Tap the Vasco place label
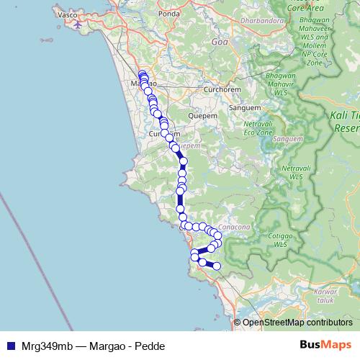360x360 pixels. [x=66, y=14]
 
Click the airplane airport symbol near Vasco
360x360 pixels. [x=77, y=25]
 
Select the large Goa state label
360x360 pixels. [x=219, y=42]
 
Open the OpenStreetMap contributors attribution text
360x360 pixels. [x=297, y=323]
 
